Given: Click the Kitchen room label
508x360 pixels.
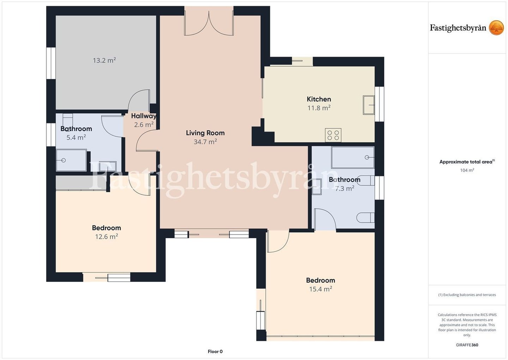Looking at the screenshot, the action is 319,99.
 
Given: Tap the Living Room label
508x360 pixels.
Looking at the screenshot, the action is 205,133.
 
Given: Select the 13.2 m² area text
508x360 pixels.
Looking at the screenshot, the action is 104,60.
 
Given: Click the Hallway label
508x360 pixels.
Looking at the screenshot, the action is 144,116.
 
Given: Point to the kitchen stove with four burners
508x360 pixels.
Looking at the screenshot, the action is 333,135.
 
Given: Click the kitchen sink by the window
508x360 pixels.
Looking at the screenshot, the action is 369,105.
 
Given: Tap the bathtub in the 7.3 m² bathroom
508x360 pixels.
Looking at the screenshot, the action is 353,157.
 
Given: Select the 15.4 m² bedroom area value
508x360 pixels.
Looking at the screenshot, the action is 321,289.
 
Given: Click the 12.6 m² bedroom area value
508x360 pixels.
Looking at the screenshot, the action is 107,237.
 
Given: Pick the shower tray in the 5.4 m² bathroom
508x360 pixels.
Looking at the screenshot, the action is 71,160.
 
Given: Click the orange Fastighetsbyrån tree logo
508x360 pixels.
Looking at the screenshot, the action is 496,28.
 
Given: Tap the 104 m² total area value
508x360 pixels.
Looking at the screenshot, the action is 467,170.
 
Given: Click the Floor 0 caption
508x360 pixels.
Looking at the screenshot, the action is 215,352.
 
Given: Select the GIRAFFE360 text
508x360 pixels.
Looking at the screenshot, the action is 467,345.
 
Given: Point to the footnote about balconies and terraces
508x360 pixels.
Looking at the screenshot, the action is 467,295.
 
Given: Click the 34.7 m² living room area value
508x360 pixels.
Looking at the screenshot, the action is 205,142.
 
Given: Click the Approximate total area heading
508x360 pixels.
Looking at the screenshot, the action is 467,162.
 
